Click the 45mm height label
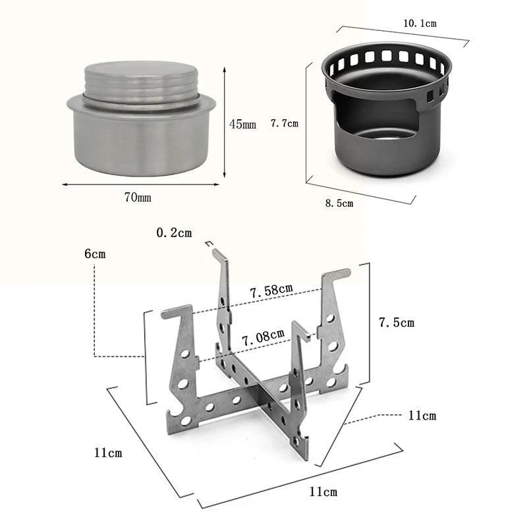(242, 124)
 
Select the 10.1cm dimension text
(420, 23)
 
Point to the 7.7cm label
(285, 123)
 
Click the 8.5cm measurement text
(339, 203)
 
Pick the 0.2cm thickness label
(174, 233)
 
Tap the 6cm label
(95, 254)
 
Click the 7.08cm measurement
(263, 340)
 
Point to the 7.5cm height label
(397, 323)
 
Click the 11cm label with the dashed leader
(422, 416)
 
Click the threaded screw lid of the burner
(141, 82)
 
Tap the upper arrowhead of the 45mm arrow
(225, 68)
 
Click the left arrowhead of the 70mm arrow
(65, 184)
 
